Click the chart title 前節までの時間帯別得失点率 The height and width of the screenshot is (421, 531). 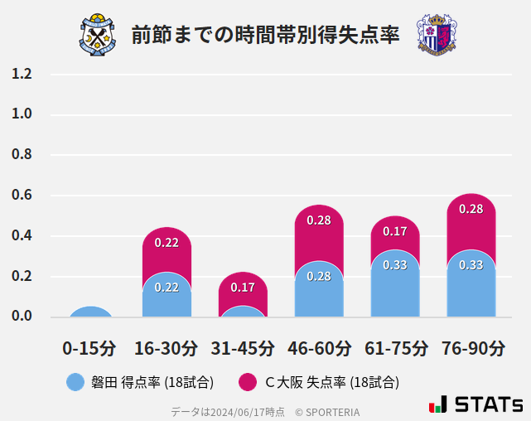265,35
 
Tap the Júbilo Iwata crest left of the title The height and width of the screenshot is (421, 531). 99,35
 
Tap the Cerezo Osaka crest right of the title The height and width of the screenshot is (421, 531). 436,35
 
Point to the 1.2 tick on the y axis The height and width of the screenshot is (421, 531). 22,74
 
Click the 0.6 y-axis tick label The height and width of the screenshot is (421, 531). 22,196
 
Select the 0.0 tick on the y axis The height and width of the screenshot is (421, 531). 22,317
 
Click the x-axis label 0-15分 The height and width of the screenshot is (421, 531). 89,348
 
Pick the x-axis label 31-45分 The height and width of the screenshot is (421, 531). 243,348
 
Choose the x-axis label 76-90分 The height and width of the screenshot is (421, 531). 471,348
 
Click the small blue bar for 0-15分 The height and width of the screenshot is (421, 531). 90,312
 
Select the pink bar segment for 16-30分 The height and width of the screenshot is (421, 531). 167,249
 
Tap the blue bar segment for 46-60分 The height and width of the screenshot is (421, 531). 319,290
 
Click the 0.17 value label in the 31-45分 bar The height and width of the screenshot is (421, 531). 243,288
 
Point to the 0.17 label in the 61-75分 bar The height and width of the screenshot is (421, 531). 395,232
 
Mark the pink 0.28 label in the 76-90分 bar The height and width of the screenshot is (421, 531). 471,209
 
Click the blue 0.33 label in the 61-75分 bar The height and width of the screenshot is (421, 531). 395,265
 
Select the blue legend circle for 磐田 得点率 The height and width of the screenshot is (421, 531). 75,382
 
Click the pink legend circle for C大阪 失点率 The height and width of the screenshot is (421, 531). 247,382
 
